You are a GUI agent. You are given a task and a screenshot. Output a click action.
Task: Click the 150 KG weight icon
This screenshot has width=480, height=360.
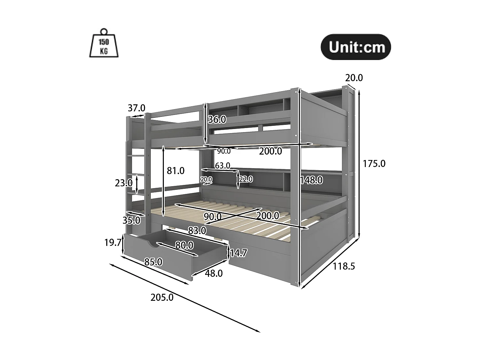point(104,44)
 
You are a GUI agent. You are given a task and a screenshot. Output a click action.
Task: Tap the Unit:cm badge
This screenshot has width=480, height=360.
point(356,47)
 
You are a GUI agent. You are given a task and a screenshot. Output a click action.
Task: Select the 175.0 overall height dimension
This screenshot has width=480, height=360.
point(374,164)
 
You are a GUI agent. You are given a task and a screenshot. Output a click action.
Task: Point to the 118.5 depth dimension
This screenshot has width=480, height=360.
point(344,266)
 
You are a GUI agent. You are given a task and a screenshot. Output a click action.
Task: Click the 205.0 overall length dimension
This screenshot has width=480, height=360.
point(162,298)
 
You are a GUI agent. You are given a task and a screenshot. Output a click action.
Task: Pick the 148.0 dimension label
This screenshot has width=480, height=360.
point(311,180)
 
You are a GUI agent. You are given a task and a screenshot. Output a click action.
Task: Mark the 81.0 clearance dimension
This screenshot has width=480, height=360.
point(175,171)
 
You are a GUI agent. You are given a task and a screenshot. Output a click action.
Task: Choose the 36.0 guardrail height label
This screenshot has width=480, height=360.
point(217,120)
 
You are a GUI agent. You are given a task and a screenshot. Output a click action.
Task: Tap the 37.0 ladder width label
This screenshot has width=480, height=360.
point(136,108)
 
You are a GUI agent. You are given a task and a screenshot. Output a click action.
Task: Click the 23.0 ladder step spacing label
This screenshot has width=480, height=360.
point(124,183)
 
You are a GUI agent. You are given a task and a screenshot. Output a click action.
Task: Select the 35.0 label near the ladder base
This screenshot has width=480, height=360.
point(131,220)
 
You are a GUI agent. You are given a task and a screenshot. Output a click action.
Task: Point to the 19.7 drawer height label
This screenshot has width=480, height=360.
point(112,243)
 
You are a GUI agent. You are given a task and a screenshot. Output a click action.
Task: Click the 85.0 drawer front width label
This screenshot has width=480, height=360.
point(153,262)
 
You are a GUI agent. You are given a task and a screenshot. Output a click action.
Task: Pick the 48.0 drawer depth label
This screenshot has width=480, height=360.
point(214,273)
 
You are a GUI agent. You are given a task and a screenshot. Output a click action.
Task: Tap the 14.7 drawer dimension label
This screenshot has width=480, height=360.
point(238,253)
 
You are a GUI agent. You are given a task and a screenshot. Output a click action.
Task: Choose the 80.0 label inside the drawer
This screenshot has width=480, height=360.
point(184,245)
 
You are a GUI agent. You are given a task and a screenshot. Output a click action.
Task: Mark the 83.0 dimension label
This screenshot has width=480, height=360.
point(197,230)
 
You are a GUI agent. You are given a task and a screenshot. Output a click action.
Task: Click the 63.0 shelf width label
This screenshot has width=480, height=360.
point(222,166)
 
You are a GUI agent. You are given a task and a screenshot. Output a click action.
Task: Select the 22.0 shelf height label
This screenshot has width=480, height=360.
point(246,179)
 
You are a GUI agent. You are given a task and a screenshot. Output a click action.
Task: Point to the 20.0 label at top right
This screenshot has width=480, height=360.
point(354,78)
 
